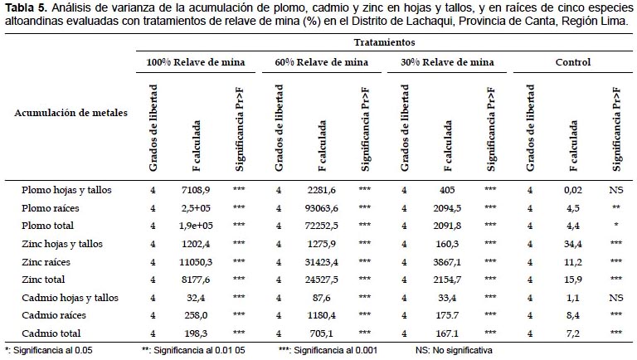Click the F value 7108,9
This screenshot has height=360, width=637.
(x=196, y=190)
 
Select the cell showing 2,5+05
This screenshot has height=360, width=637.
(x=196, y=208)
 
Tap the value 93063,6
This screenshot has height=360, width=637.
(x=321, y=208)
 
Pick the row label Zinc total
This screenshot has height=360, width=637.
(x=43, y=280)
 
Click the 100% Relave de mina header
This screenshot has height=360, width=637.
(x=196, y=62)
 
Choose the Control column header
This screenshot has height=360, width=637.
(x=573, y=62)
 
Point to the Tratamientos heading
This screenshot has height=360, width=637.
(x=384, y=42)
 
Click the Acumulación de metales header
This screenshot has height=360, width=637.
(x=71, y=113)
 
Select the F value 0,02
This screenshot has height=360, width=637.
(x=573, y=190)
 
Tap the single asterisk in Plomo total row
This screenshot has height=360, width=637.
(x=616, y=225)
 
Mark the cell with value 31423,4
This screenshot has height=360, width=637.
(x=321, y=262)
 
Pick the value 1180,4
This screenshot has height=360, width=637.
(x=321, y=315)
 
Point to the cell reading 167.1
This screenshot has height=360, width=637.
(x=447, y=333)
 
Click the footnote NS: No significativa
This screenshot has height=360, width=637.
(x=454, y=350)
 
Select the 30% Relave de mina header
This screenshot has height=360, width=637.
(x=447, y=62)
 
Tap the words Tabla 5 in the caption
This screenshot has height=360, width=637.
(x=27, y=7)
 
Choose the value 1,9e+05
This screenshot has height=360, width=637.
(x=196, y=226)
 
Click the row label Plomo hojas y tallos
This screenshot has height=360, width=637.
(x=66, y=190)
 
